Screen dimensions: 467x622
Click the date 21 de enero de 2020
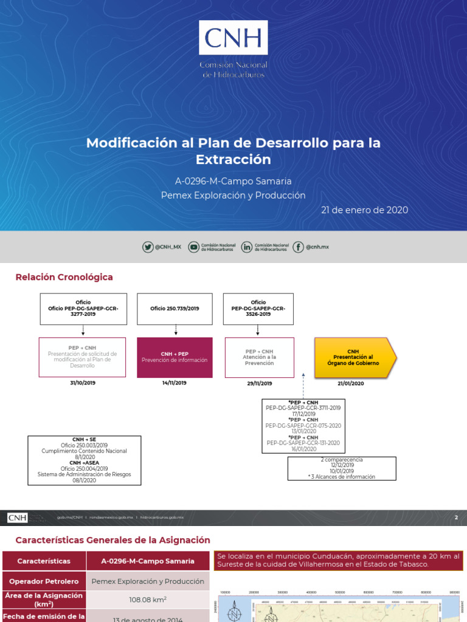click(x=364, y=210)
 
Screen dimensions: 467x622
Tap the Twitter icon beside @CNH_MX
click(x=148, y=247)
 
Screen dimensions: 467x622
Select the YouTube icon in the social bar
click(x=193, y=247)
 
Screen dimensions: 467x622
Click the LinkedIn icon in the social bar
click(x=247, y=247)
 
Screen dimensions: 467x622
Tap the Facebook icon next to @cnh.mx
click(x=298, y=247)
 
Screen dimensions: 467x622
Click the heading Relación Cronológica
click(x=64, y=277)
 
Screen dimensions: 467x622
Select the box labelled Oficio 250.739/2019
click(x=175, y=309)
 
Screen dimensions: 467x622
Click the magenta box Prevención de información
click(x=175, y=357)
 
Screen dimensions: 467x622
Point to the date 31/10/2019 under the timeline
click(x=82, y=383)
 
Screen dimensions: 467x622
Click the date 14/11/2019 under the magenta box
click(x=175, y=383)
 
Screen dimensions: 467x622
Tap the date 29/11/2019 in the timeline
click(x=260, y=383)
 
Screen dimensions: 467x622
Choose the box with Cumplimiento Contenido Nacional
click(x=85, y=460)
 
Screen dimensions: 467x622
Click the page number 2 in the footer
click(x=456, y=518)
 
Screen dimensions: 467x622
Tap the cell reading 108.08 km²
click(x=148, y=600)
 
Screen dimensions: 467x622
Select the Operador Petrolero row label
click(x=44, y=581)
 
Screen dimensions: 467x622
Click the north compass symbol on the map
click(x=234, y=612)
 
